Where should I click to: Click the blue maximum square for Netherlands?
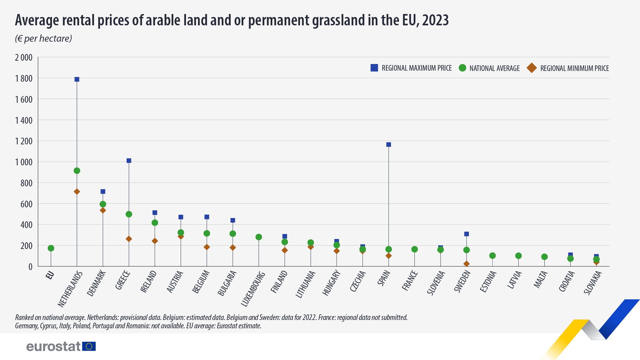click(x=77, y=79)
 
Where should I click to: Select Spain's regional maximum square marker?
click(x=388, y=145)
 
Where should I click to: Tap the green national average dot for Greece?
click(x=129, y=214)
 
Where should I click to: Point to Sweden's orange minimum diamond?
click(x=466, y=264)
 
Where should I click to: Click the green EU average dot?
click(x=51, y=248)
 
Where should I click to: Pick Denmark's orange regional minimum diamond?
click(x=103, y=210)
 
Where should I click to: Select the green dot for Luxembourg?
click(x=259, y=237)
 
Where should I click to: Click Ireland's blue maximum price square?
click(x=155, y=213)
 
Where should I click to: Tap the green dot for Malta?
click(x=544, y=257)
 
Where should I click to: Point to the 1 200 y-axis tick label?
click(x=24, y=141)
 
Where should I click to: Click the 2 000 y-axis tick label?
click(x=24, y=58)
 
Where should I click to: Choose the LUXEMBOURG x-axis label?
click(x=253, y=289)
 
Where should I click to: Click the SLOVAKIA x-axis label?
click(x=593, y=283)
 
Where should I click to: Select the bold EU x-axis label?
click(x=50, y=275)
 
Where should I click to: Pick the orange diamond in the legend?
click(x=531, y=68)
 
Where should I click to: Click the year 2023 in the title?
click(x=435, y=20)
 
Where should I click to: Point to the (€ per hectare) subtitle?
click(x=43, y=38)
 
